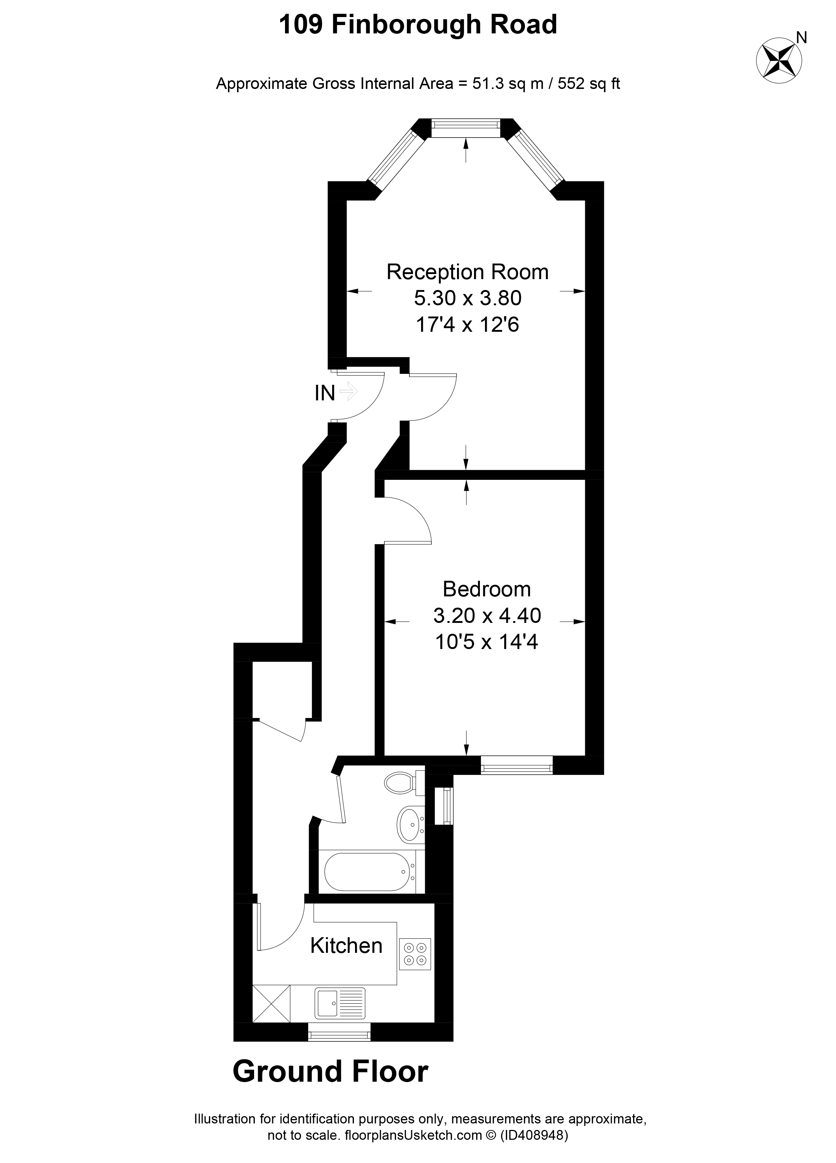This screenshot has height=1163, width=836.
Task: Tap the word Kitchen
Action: click(x=346, y=945)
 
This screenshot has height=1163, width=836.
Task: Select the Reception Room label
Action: click(x=467, y=272)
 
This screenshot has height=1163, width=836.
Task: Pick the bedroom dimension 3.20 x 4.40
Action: click(x=487, y=615)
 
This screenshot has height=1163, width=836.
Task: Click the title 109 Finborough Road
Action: click(x=417, y=25)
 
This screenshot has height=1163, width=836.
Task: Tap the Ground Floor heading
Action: click(x=330, y=1072)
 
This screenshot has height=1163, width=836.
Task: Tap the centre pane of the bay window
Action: click(x=465, y=128)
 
